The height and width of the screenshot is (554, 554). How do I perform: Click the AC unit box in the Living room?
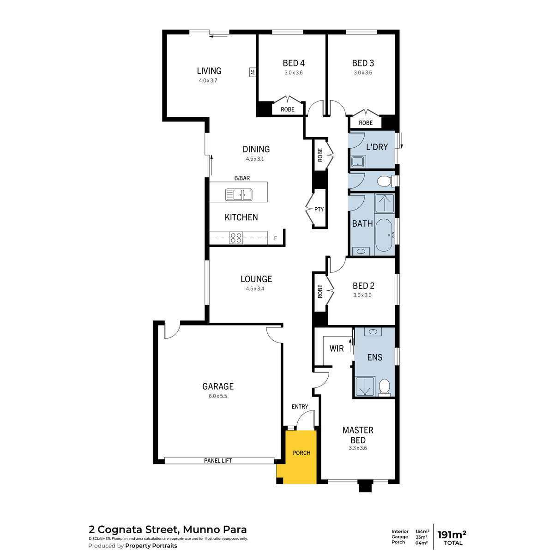(253, 72)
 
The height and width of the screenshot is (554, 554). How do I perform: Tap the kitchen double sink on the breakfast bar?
(239, 194)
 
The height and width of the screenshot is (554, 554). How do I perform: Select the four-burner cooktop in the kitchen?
(236, 238)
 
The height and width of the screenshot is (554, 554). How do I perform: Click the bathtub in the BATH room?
(384, 235)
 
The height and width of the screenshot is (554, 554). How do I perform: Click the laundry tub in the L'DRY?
(358, 161)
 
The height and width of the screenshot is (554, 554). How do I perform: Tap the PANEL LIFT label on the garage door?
(218, 461)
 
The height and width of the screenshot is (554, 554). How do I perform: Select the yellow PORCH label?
(301, 453)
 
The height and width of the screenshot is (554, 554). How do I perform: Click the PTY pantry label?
(319, 209)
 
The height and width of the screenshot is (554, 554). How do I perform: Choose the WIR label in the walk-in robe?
(337, 349)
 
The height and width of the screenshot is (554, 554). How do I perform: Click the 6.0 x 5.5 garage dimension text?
(218, 396)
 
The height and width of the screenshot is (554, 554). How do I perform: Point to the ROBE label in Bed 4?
(288, 109)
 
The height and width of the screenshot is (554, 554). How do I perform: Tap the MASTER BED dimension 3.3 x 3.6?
(358, 448)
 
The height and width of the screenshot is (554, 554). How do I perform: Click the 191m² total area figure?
(452, 535)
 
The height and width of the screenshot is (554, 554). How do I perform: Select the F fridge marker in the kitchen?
(276, 238)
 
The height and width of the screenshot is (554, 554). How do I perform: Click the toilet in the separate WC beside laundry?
(385, 181)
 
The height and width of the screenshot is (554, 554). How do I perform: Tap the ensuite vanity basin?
(373, 331)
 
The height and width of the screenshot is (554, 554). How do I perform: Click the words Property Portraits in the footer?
(151, 546)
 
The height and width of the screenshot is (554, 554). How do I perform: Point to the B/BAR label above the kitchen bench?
(242, 178)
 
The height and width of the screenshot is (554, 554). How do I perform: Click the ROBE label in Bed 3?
(366, 123)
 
